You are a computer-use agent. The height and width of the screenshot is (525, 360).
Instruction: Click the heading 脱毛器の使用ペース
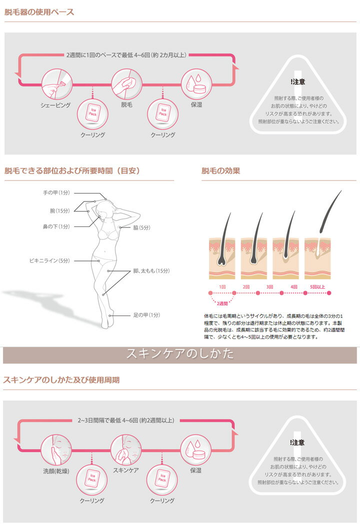click(x=39, y=12)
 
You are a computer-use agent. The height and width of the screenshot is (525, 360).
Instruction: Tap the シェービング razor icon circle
click(x=56, y=84)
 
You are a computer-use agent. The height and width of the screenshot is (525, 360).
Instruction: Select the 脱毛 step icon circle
click(x=126, y=84)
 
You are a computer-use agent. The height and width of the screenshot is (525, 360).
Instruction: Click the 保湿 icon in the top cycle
click(x=196, y=84)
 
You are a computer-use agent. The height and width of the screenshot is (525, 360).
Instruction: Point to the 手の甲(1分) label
click(x=56, y=192)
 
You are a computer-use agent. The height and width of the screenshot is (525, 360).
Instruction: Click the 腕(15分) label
click(x=59, y=210)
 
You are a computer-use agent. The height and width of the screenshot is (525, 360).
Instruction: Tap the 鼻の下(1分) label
click(x=56, y=226)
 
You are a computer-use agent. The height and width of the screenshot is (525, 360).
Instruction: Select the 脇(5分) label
click(x=141, y=227)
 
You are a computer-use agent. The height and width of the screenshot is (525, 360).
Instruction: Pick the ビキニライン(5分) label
click(x=49, y=260)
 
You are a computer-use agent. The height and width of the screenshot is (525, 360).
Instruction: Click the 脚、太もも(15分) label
click(x=151, y=271)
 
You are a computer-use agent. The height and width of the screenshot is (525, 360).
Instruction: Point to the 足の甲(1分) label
click(x=146, y=315)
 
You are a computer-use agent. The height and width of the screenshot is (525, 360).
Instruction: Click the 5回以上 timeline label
click(x=317, y=287)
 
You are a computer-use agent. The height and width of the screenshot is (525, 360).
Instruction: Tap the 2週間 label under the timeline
click(x=222, y=303)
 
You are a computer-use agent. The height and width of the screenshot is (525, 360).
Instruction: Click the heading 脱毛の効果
click(x=220, y=171)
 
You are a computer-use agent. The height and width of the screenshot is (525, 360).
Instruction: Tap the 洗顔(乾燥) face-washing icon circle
click(x=56, y=450)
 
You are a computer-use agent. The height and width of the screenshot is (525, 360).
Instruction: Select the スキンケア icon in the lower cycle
click(x=126, y=450)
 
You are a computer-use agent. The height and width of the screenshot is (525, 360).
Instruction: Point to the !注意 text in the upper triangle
click(x=297, y=81)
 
